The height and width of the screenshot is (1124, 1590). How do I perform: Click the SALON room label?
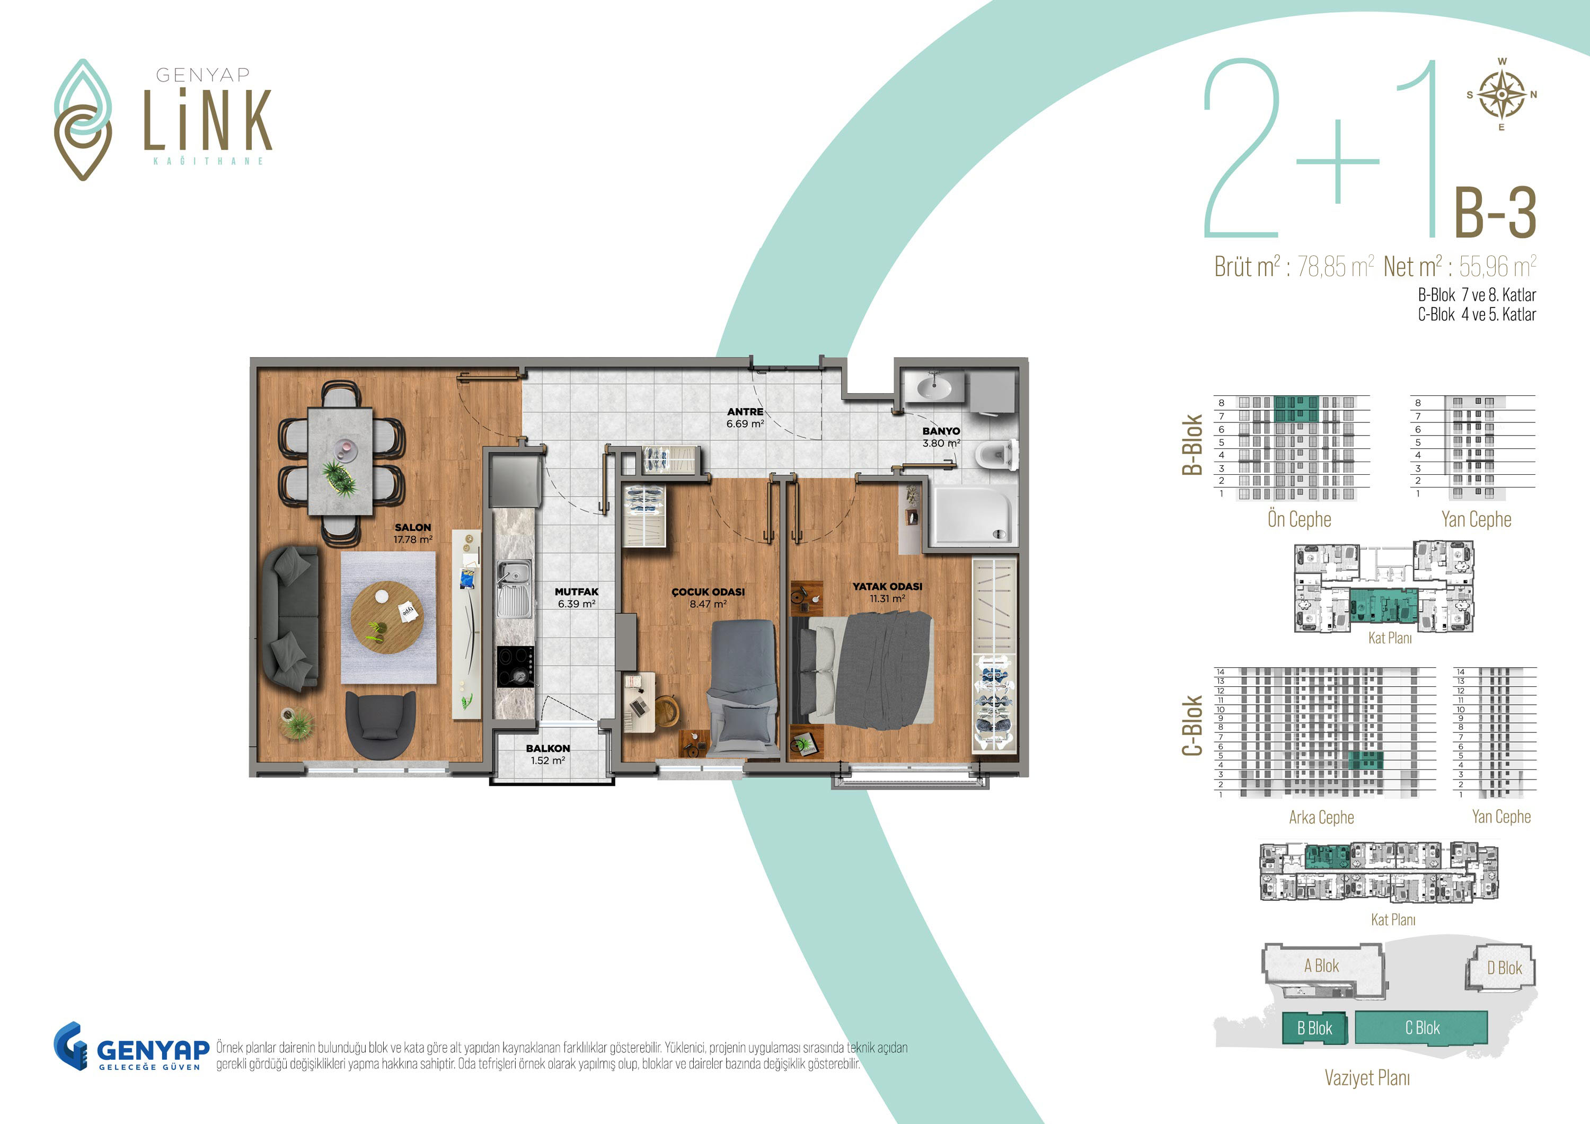pyautogui.click(x=413, y=527)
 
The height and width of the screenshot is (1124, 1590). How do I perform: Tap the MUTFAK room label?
pyautogui.click(x=576, y=591)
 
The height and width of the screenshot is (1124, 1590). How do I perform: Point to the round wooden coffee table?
pyautogui.click(x=386, y=617)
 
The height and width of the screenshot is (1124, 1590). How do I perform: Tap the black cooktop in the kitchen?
pyautogui.click(x=515, y=666)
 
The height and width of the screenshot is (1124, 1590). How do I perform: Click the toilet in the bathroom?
pyautogui.click(x=995, y=456)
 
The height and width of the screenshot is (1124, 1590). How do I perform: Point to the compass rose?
pyautogui.click(x=1501, y=95)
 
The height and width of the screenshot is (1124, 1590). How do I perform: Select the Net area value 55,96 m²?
pyautogui.click(x=1498, y=266)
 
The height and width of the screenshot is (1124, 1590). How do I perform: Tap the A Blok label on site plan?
pyautogui.click(x=1321, y=966)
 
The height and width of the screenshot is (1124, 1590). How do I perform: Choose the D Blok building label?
pyautogui.click(x=1504, y=968)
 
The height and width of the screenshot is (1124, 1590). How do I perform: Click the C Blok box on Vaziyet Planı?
pyautogui.click(x=1421, y=1028)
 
